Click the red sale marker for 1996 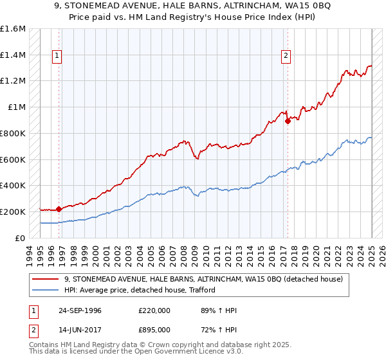tap(59, 208)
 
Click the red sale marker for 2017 tap(288, 121)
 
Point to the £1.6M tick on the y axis tap(14, 29)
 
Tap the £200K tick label tap(13, 212)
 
